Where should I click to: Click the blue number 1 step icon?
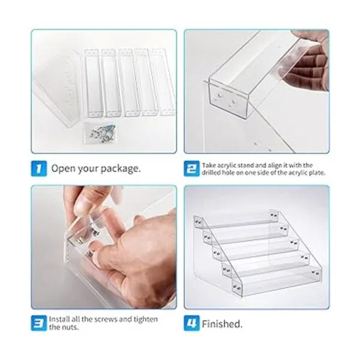[x=39, y=169]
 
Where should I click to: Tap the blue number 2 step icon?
[x=192, y=169]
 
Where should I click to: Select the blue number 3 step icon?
[x=39, y=323]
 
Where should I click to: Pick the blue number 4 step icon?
[x=192, y=323]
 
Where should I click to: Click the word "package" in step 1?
[x=121, y=169]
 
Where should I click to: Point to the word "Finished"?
[x=222, y=324]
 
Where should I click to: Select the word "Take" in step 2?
[x=209, y=166]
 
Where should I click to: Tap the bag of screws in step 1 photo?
[x=100, y=133]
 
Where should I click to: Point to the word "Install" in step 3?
[x=59, y=319]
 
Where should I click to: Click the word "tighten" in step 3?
[x=146, y=319]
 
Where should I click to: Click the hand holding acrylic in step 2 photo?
[x=308, y=60]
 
